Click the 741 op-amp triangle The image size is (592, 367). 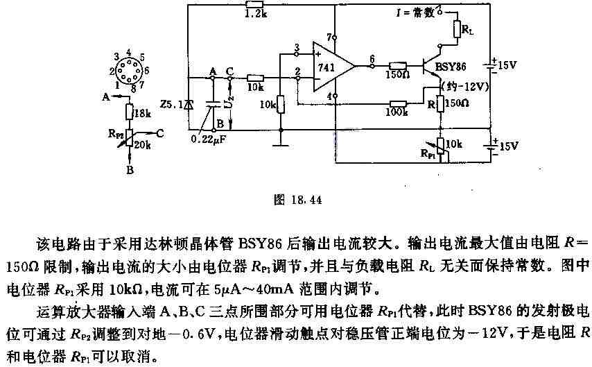pos(333,67)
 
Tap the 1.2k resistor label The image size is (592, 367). pos(256,15)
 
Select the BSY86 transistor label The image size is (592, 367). pos(450,67)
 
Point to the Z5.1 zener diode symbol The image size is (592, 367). pos(189,104)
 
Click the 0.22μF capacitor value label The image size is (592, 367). pos(209,139)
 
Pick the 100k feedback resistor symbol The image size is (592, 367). pos(398,104)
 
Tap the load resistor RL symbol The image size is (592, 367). pos(458,28)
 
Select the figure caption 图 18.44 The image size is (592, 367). pos(298,200)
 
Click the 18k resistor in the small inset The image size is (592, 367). pos(130,112)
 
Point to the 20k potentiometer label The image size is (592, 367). pos(142,144)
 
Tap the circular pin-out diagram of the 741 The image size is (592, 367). pos(128,70)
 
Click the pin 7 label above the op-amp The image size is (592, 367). pos(329,37)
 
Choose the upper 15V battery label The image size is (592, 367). pos(507,65)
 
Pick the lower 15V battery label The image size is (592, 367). pos(508,146)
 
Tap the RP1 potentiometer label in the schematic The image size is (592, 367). pos(428,153)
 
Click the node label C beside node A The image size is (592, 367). pos(229,71)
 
